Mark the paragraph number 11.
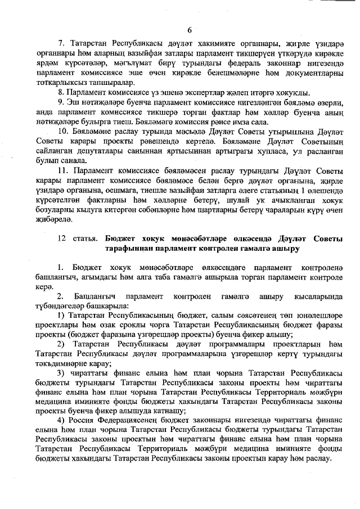pos(64,169)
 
